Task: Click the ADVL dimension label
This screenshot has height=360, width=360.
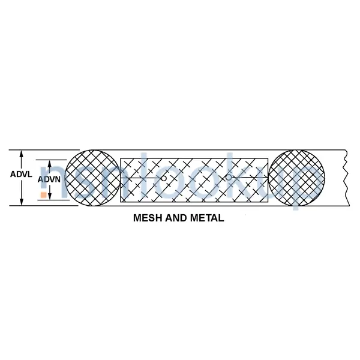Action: pos(22,175)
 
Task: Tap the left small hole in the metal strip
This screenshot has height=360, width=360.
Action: pos(164,178)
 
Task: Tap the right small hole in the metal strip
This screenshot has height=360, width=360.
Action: pos(229,177)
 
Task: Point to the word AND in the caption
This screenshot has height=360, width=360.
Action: pos(176,219)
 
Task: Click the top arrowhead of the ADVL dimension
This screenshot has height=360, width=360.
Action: pos(22,152)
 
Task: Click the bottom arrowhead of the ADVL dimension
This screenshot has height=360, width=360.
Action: pos(22,202)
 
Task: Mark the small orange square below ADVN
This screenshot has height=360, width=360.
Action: pos(43,194)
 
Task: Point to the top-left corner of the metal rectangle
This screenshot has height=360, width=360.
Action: pos(121,158)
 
